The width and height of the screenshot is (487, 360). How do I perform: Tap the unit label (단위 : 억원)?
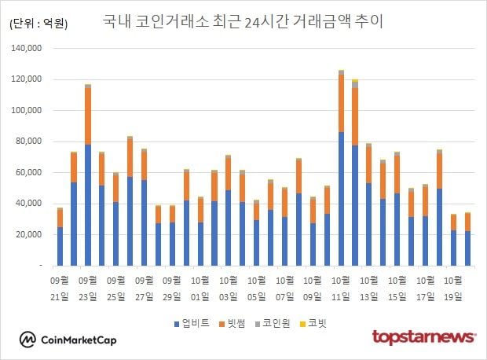pos(38,24)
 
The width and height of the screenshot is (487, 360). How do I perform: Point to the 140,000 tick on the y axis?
pos(26,49)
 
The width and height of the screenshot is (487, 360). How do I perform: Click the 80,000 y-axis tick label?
pos(28,142)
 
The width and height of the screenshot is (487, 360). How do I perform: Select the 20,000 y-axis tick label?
pos(28,235)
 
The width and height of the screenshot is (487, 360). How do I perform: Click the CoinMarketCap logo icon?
pos(27,340)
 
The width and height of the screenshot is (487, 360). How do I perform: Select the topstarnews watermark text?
pos(424,337)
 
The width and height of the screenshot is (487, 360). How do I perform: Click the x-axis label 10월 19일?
pos(453,286)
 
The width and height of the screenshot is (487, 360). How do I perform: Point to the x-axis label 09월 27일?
pos(144,286)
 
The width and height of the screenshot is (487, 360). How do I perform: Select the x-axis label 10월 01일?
pos(200,286)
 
